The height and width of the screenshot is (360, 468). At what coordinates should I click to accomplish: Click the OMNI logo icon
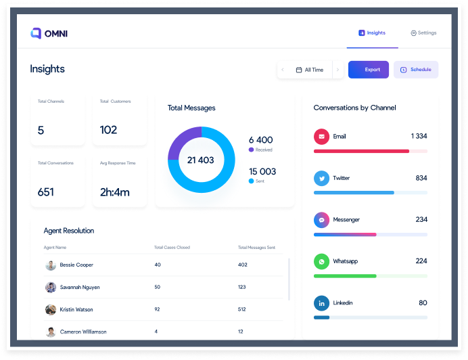pos(36,33)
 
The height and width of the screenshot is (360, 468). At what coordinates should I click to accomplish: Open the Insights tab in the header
pos(372,32)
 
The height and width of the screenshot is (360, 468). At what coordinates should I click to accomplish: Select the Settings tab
pos(423,32)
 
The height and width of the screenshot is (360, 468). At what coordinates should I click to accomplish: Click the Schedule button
pos(416,70)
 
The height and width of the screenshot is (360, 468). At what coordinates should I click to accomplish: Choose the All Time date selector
pos(309,70)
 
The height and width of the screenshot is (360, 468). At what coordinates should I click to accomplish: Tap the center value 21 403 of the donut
pos(201,160)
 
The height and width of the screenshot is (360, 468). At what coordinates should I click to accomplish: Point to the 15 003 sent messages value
pos(262,172)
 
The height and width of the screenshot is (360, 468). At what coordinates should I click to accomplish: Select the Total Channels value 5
pos(41,131)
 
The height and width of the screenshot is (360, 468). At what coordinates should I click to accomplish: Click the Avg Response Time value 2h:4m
pos(114,192)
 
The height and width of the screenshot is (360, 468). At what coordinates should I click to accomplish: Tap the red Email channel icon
pos(321,137)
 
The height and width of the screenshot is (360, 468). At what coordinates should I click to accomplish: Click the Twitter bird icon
pos(321,178)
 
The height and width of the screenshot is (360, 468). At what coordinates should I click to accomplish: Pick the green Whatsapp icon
pos(321,261)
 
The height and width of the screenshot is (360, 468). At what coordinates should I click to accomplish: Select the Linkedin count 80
pos(423,302)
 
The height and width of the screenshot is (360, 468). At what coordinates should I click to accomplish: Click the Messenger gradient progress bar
pos(345,234)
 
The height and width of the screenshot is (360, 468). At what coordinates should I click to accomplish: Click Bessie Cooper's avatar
pos(51,265)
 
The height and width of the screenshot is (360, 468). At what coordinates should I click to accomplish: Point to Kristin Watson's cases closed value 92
pos(158,310)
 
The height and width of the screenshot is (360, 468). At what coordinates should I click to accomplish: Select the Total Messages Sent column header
pos(256,248)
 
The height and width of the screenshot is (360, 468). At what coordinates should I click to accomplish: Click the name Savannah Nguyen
pos(80,288)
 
